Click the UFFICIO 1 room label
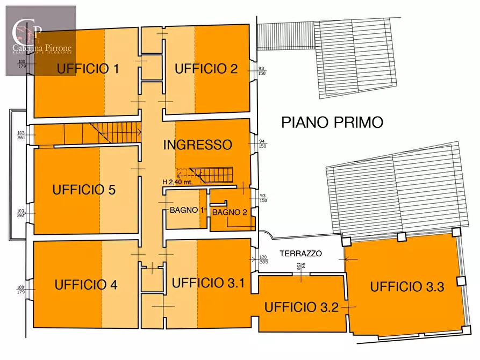tap(88, 69)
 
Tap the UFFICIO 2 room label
tap(206, 69)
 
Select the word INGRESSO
tap(197, 145)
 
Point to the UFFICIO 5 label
tap(84, 190)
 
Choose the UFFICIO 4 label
tap(86, 285)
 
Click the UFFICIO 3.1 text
tap(208, 283)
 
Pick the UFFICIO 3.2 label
tap(302, 307)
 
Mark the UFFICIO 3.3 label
tap(407, 286)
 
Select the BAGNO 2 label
tap(230, 212)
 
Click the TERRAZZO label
tap(300, 253)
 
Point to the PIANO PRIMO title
tap(332, 123)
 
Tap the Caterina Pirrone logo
tap(41, 40)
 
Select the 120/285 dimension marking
tap(263, 260)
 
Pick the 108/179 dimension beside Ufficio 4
tap(22, 290)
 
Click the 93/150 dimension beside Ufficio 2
tap(262, 71)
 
